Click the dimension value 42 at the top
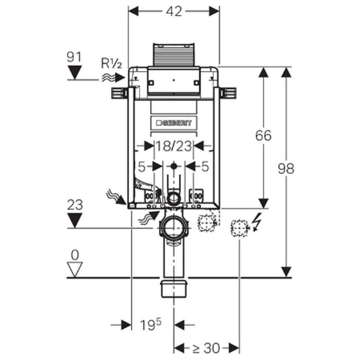(x=174, y=11)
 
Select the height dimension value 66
(x=263, y=135)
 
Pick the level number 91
(x=74, y=57)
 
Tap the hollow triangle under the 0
(x=74, y=269)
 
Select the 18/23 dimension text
(x=174, y=146)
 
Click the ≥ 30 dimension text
(x=207, y=348)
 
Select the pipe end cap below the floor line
(x=174, y=288)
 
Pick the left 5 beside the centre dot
(x=141, y=167)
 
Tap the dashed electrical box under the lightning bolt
(x=239, y=228)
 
